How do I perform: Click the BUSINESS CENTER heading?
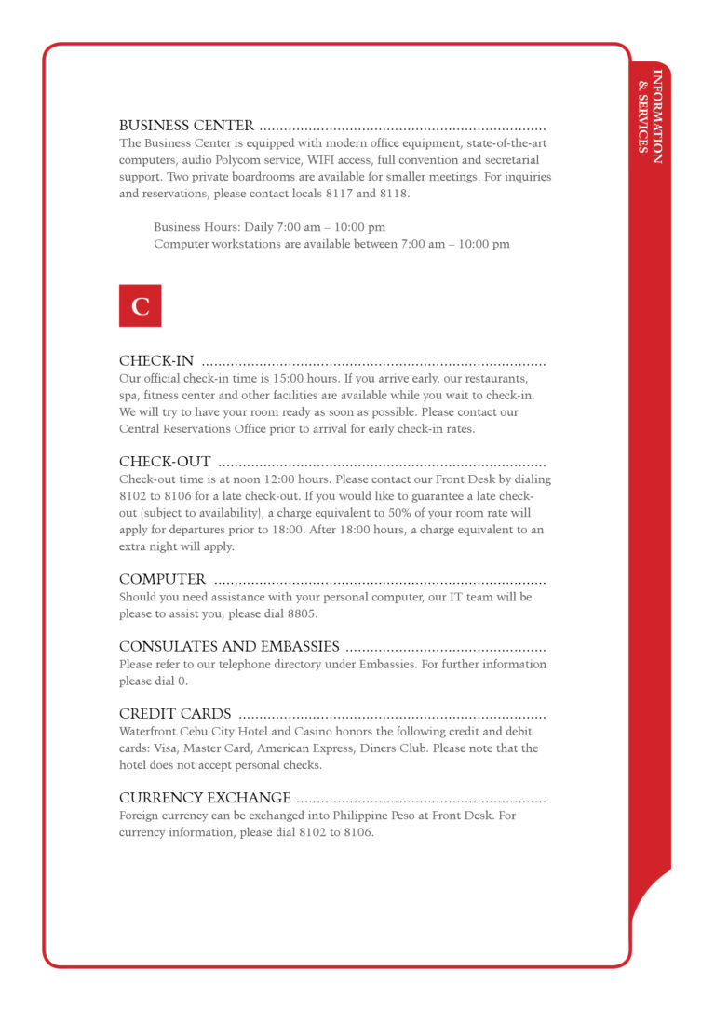pos(186,126)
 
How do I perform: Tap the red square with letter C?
pos(141,305)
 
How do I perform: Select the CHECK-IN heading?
pos(156,361)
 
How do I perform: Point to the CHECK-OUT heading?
pos(165,462)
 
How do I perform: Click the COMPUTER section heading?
pos(162,579)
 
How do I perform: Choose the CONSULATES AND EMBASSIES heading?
pos(229,647)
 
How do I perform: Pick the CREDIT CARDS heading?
pos(175,714)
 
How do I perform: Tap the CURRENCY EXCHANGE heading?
pos(205,798)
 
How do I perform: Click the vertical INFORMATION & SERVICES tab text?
pos(650,116)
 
